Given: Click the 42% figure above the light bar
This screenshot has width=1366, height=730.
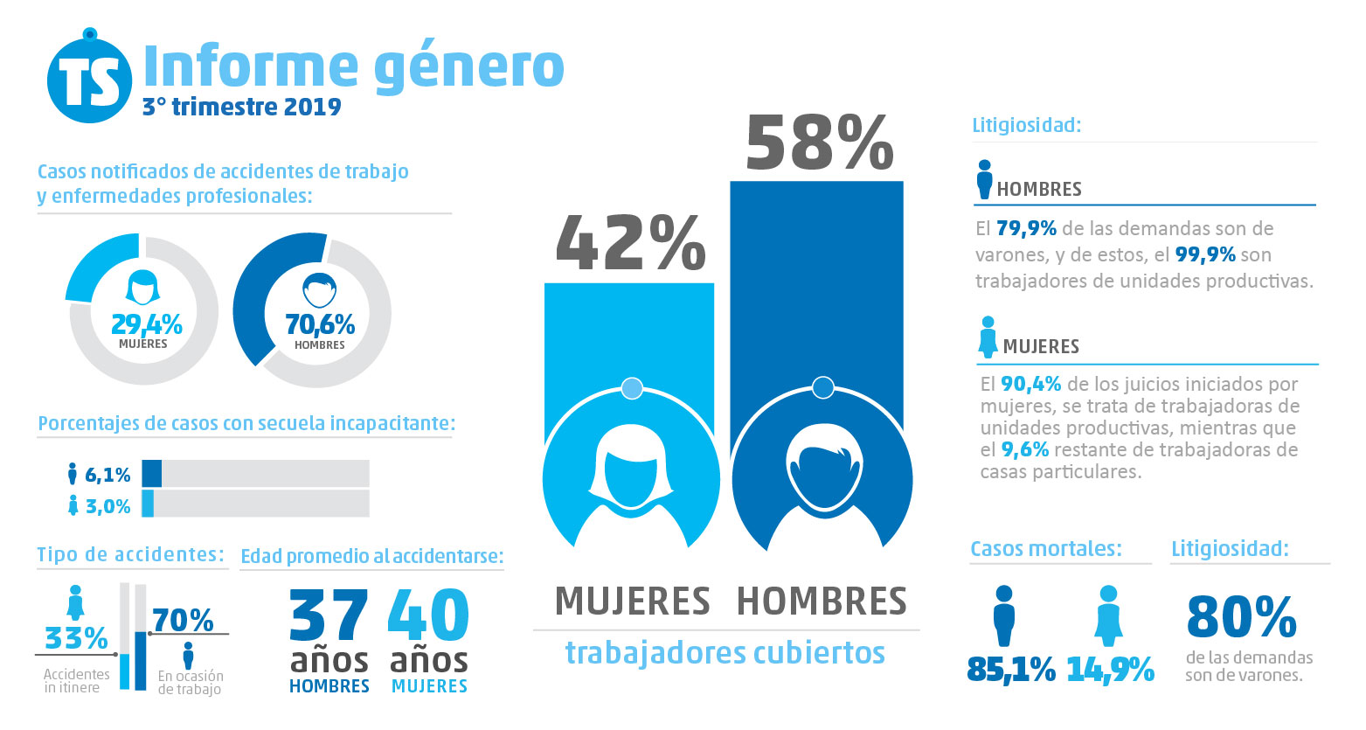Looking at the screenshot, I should point(630,243).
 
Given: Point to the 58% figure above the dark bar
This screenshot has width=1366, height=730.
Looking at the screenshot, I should point(819,143).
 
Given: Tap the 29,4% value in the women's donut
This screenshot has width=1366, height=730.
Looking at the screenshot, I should point(146,325).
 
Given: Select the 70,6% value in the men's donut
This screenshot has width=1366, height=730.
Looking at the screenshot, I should point(320,325).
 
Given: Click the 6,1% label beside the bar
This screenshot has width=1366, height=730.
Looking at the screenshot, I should point(107,475).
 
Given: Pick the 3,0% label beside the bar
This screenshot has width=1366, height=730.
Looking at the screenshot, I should point(107,506).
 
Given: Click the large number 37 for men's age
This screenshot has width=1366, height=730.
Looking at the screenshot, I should point(329,615).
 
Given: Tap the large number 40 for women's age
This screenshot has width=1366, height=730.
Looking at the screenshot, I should point(428,615).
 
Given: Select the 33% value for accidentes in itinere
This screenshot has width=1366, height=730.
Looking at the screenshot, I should point(76,638).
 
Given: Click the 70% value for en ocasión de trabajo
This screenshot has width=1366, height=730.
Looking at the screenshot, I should point(183,620).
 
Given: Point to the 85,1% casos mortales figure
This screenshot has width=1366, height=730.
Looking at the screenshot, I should point(1011,670).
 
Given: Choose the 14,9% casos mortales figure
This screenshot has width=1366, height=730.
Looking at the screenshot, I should point(1110,670).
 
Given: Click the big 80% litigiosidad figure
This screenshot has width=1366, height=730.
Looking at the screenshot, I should point(1241,617).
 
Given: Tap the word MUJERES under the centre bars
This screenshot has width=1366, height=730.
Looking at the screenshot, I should point(633,601).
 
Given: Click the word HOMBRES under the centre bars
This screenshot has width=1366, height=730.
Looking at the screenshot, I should point(822,601).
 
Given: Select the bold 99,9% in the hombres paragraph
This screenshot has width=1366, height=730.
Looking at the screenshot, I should point(1205,254).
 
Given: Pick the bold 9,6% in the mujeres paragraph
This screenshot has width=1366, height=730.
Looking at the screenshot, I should point(1024,449).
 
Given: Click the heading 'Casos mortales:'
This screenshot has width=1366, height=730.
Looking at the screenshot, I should point(1045,549).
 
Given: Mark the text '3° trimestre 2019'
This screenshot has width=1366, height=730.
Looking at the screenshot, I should point(241,107).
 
